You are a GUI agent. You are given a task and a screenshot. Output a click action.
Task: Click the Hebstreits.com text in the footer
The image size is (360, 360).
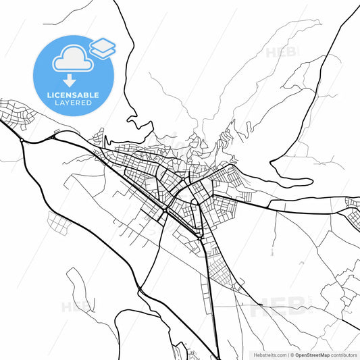pyautogui.click(x=269, y=354)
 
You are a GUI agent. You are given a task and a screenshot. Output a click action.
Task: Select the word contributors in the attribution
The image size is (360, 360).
pyautogui.click(x=344, y=354)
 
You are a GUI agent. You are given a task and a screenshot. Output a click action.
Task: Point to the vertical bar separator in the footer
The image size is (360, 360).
pyautogui.click(x=287, y=354)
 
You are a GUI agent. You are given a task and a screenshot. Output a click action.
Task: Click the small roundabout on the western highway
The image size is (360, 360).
pyautogui.click(x=22, y=140)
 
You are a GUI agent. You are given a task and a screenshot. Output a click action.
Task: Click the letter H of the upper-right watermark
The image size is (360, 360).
pyautogui.click(x=272, y=52)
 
